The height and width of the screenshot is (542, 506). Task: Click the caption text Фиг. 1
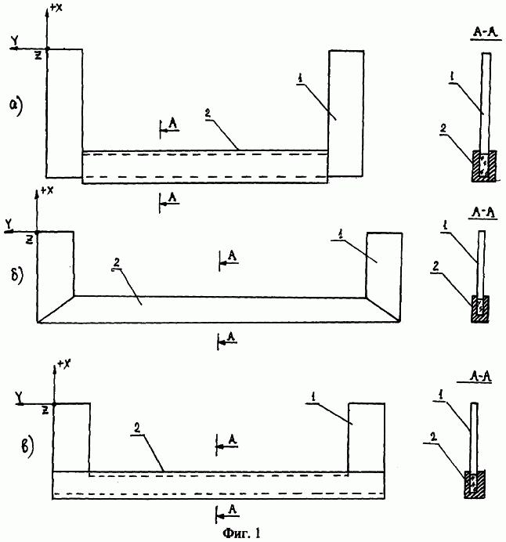[241, 533]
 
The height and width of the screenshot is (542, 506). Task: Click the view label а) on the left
[16, 107]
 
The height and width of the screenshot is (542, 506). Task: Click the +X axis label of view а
[56, 7]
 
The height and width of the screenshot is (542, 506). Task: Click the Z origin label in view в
[45, 410]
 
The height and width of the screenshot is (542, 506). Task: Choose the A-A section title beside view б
[483, 213]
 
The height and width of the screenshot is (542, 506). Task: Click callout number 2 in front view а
[208, 114]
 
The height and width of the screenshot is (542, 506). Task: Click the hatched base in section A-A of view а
[484, 166]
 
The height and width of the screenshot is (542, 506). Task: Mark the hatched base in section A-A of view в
[475, 484]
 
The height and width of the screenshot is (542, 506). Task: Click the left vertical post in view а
[64, 114]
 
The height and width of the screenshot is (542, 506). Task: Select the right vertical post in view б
[384, 276]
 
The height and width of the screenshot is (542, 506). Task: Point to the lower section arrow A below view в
[226, 513]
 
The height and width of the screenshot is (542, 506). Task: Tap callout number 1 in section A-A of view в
[441, 396]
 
